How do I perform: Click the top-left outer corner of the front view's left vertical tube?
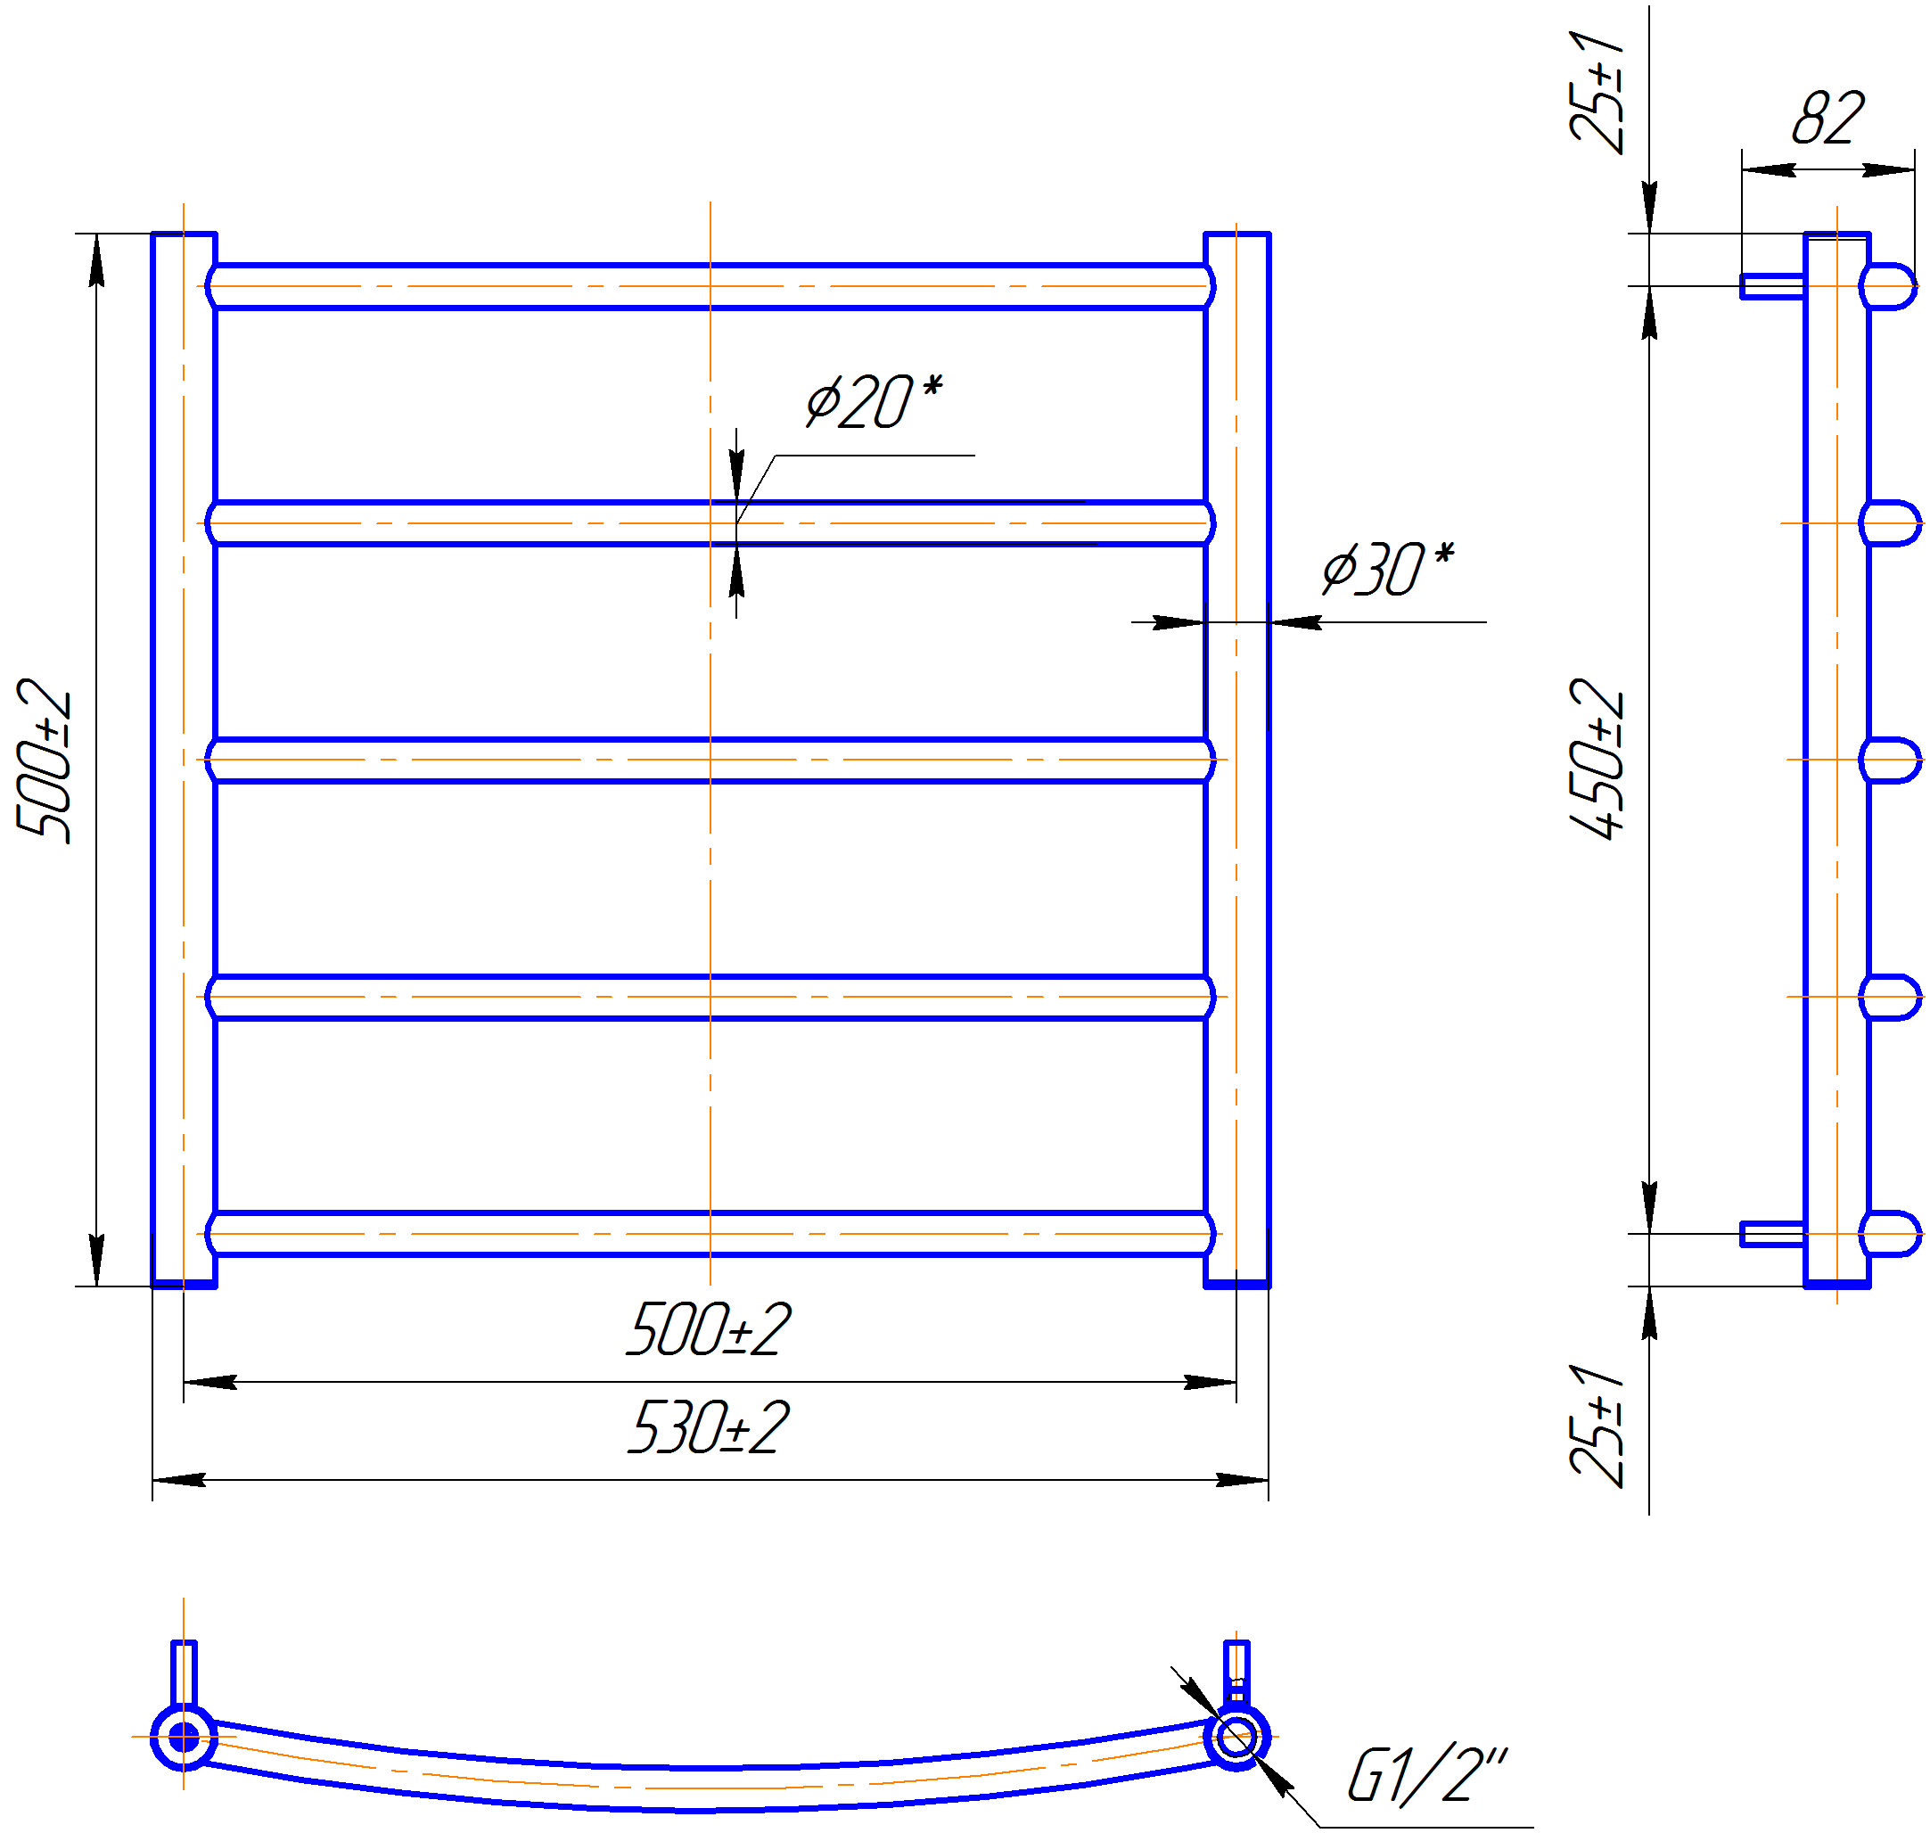[x=152, y=234]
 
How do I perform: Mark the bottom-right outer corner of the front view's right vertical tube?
[x=1269, y=1286]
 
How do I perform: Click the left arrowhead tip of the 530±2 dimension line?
[x=152, y=1480]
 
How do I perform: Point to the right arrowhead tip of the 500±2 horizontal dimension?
[x=1236, y=1383]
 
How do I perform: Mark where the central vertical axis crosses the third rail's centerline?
[x=710, y=760]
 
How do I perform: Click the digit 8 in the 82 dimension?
[x=1810, y=119]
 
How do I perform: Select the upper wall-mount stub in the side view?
[x=1773, y=286]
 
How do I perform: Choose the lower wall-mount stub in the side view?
[x=1773, y=1234]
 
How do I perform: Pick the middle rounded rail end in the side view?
[x=1891, y=760]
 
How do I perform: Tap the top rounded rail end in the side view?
[x=1888, y=286]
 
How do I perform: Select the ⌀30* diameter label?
[x=1388, y=568]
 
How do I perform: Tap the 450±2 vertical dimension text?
[x=1597, y=760]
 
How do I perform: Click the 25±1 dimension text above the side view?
[x=1597, y=92]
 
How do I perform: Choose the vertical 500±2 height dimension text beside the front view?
[x=44, y=760]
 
